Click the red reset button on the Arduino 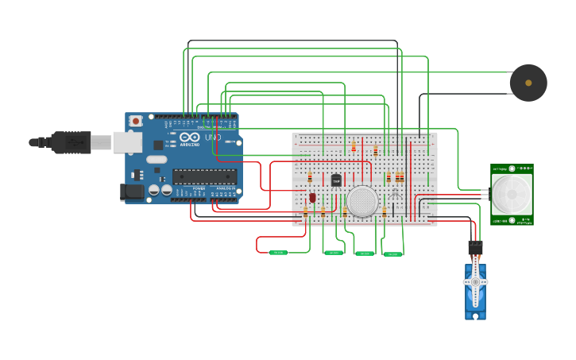point(136,121)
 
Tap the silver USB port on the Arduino point(126,141)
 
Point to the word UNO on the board point(213,137)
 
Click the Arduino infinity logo point(189,137)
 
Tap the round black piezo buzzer point(528,83)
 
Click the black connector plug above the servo point(475,247)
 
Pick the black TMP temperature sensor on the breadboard point(336,180)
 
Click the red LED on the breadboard point(312,197)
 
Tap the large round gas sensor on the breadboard point(362,202)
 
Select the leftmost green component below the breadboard point(277,253)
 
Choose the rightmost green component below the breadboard point(392,254)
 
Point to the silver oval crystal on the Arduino point(157,159)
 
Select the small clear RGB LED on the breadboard point(395,195)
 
